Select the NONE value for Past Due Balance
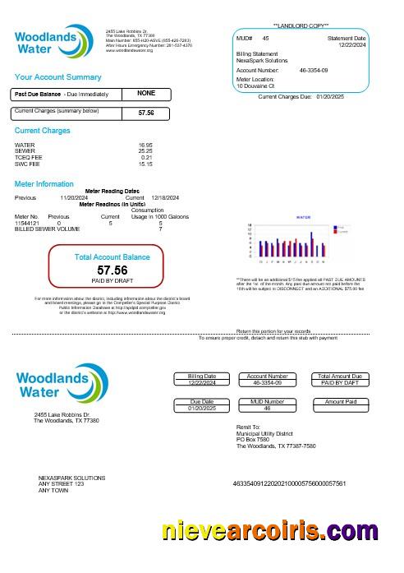146,94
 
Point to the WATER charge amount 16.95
145,145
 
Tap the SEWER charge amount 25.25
145,151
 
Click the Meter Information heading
44,184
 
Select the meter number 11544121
27,223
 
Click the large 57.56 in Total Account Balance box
112,270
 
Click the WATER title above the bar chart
303,217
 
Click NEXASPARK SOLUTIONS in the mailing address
72,478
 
